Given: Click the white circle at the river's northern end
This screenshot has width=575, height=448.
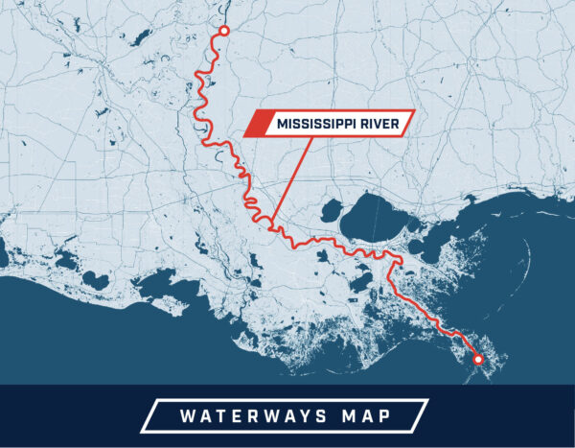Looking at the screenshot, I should point(224,32).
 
